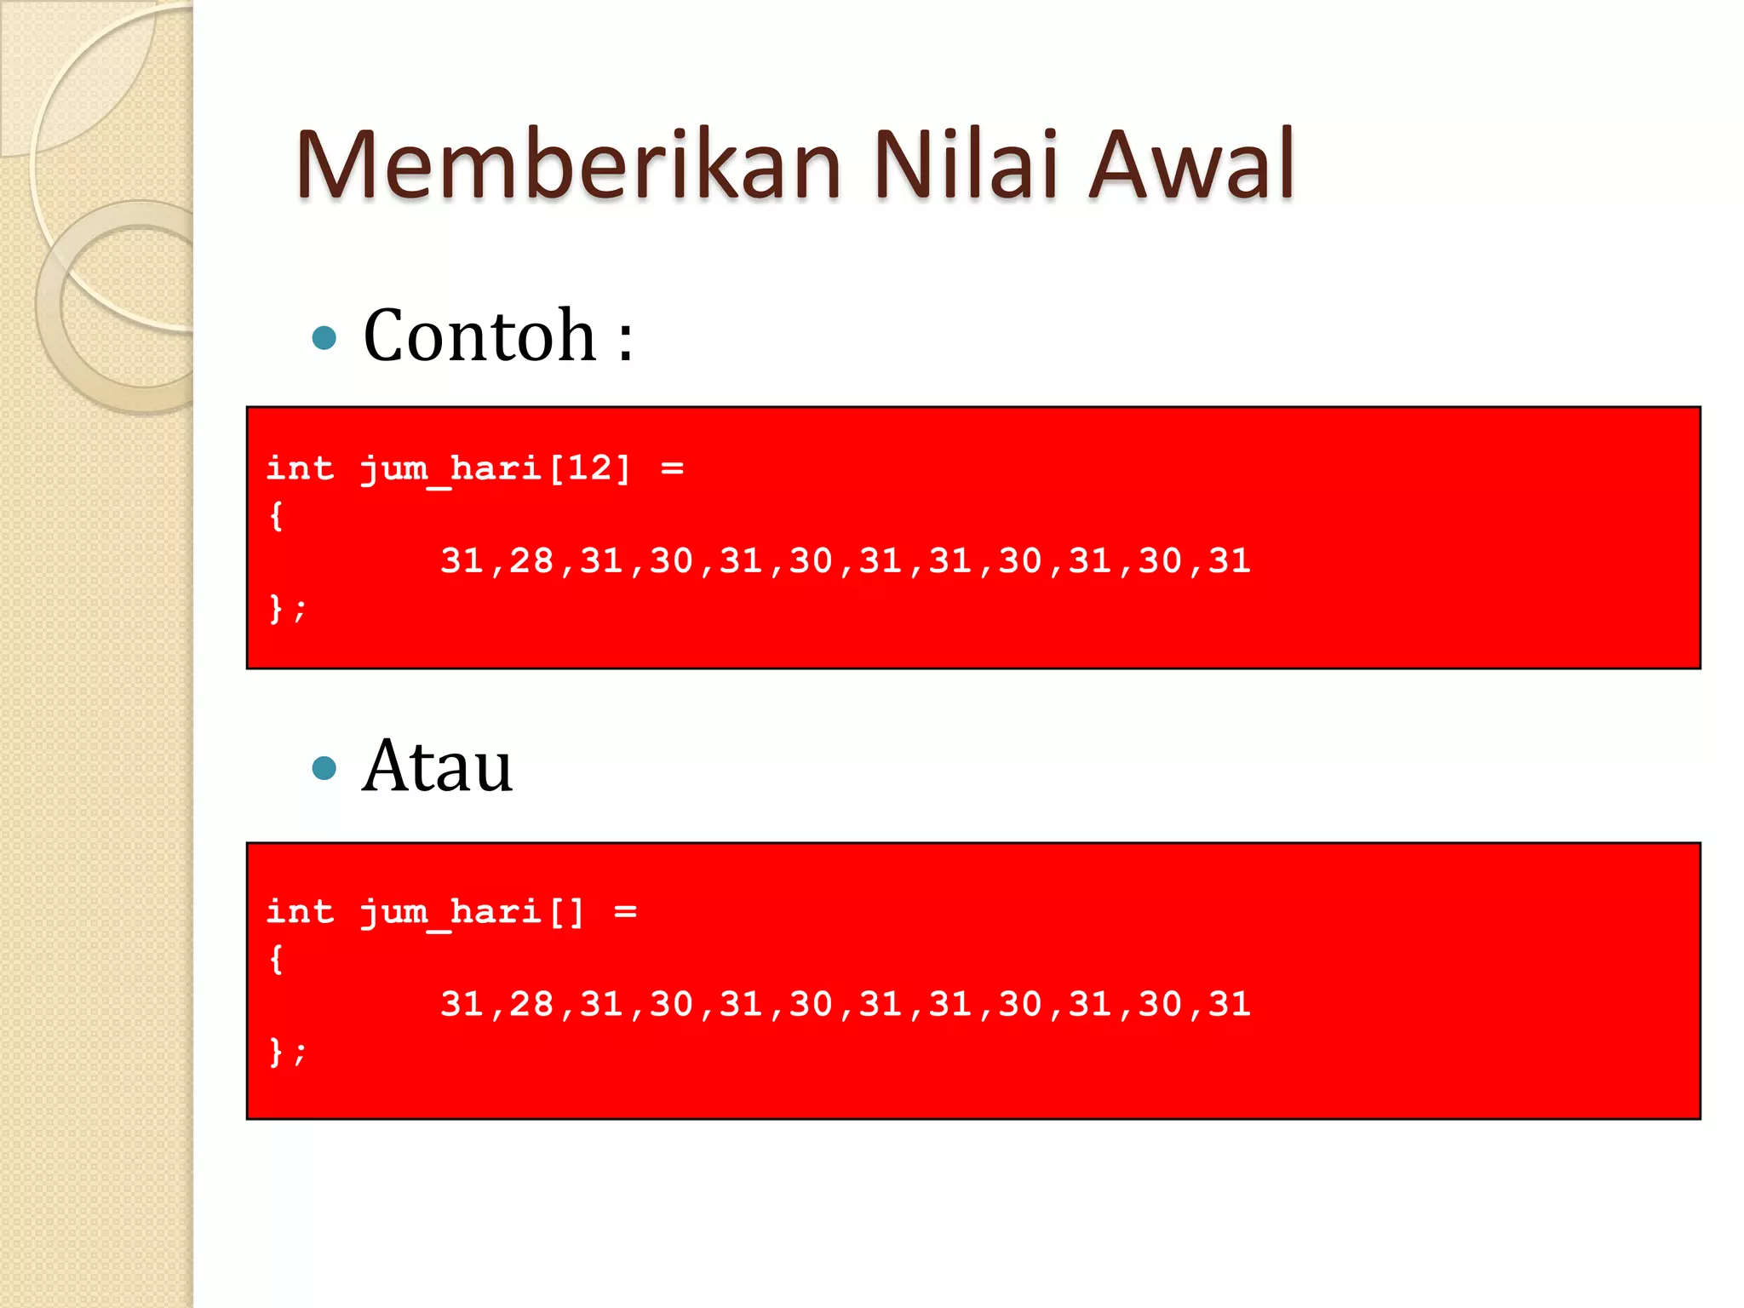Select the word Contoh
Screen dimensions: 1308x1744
479,336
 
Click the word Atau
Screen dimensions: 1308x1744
437,766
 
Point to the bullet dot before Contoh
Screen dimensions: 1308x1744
324,339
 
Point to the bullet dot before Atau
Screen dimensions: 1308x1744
324,769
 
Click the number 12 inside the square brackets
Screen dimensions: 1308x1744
588,468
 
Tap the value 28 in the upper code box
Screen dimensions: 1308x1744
531,561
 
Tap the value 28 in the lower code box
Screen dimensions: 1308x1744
531,1005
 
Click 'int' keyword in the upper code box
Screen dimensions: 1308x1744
300,468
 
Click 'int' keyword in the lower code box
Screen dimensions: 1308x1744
300,911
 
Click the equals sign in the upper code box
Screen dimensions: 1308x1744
672,468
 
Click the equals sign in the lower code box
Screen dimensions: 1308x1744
626,912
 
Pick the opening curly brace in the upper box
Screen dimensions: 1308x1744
276,516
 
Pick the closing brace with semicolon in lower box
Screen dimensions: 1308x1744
287,1053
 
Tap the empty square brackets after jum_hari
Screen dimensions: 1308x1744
566,912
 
